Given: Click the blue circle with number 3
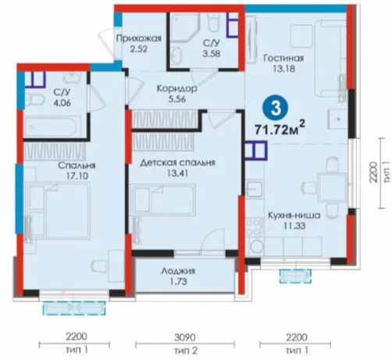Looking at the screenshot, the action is [276, 109].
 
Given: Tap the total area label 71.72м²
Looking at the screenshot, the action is [280, 128].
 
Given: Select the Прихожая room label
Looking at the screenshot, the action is [139, 38].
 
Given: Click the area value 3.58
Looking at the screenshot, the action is [212, 54].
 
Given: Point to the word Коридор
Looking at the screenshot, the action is [177, 89].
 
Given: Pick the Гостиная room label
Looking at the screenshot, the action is [283, 58].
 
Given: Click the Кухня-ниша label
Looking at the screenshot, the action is [294, 216].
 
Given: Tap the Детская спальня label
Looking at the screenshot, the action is [178, 162].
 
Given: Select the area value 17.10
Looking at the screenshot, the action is [77, 176].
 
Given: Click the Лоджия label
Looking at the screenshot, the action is [178, 271].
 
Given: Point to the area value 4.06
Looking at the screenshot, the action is [62, 103].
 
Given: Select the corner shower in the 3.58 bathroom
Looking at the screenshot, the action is [184, 27].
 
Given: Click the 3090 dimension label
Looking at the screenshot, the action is [185, 337].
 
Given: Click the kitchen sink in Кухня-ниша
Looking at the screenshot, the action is [255, 189].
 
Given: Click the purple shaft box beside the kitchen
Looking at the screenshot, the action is [256, 150].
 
